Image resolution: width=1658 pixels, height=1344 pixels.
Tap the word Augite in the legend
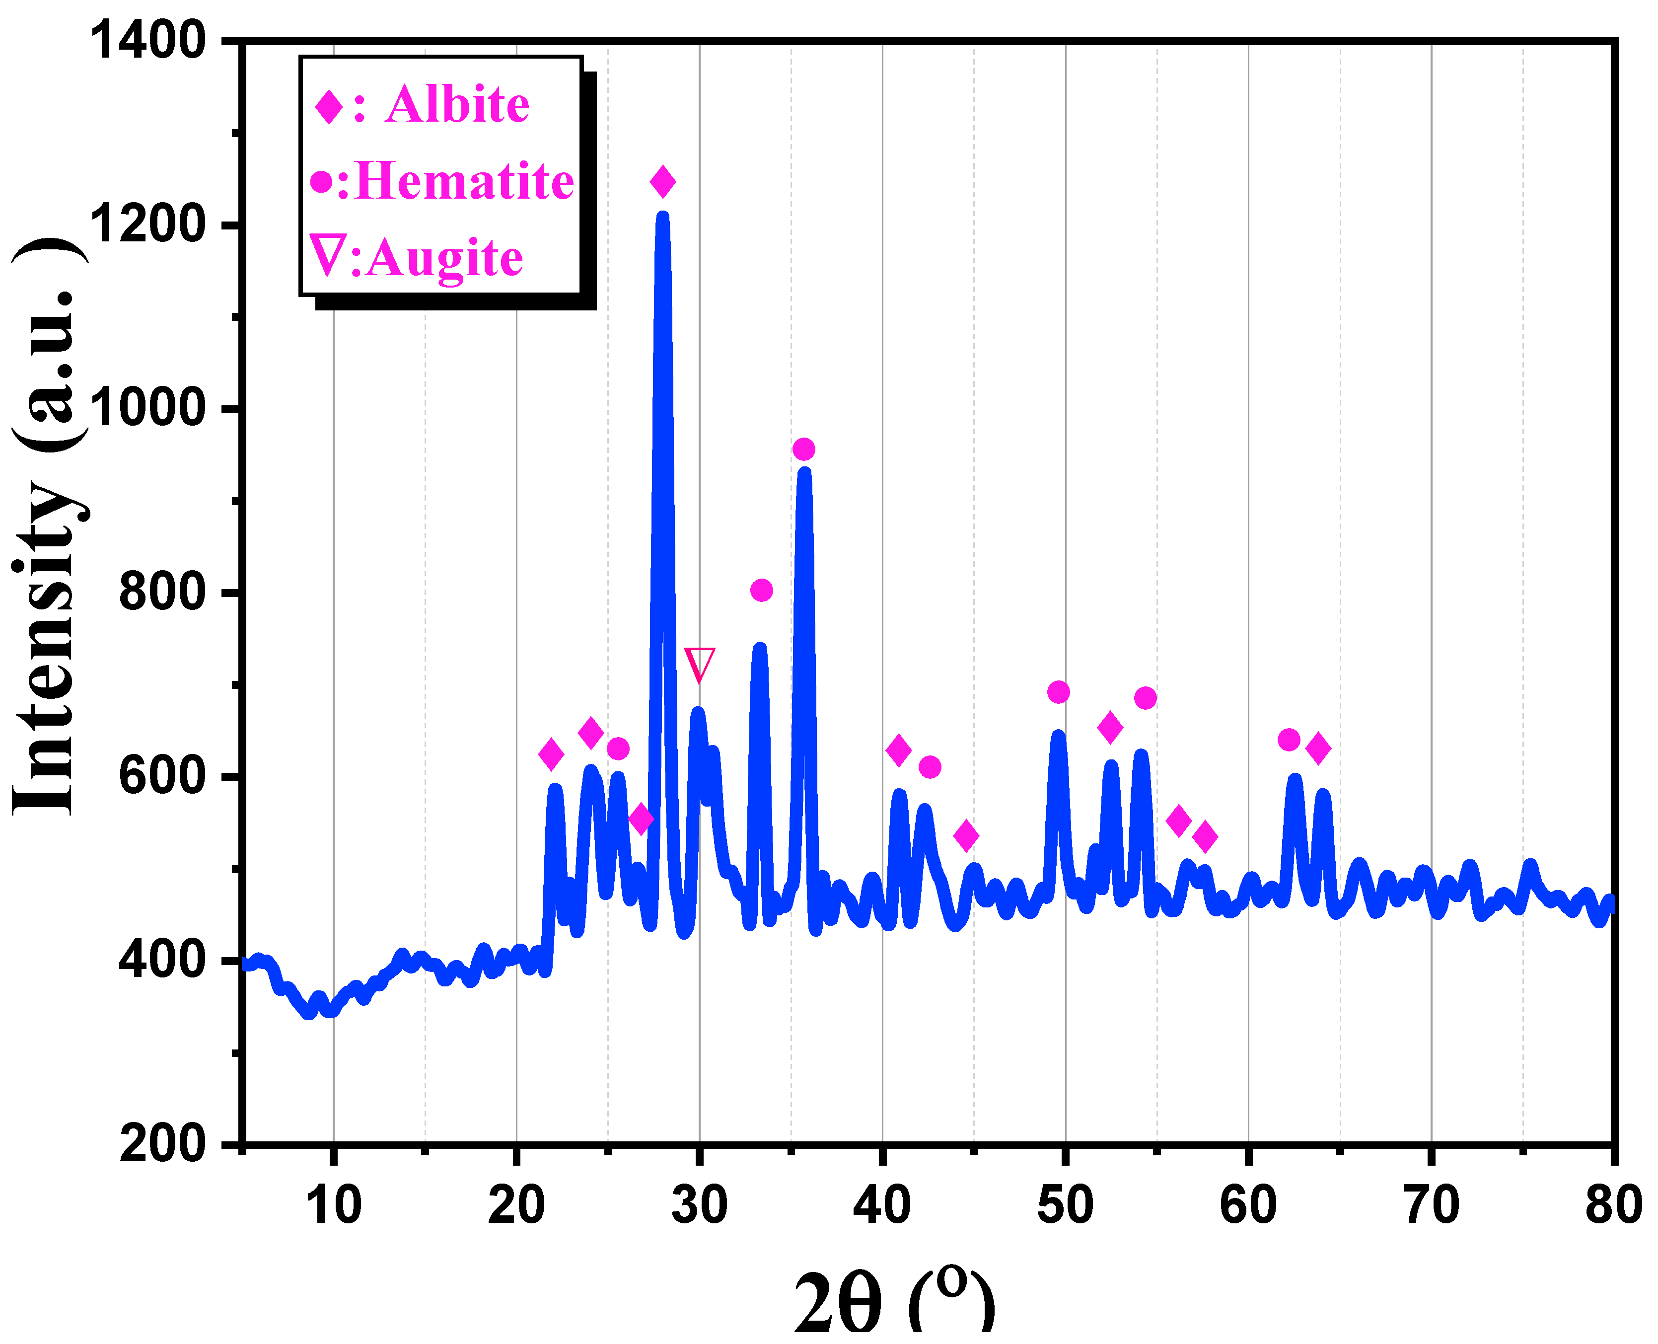coord(445,258)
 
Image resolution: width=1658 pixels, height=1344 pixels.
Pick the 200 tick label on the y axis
coord(162,1143)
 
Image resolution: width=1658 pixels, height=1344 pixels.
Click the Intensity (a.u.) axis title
coord(48,526)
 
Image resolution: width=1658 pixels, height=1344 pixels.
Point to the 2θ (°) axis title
coord(894,1301)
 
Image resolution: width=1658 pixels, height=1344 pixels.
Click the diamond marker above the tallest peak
coord(662,182)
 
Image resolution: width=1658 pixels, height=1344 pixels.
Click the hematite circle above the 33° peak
coord(762,591)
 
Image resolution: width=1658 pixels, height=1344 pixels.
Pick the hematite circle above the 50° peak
coord(1058,692)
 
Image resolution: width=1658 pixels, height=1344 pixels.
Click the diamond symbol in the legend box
coord(329,106)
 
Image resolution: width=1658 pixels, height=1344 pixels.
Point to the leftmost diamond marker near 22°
coord(551,754)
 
